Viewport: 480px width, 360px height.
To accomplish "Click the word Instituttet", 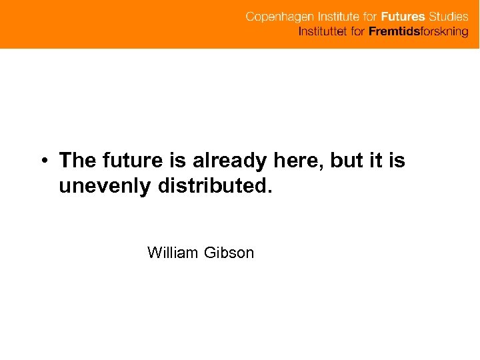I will click(x=323, y=31).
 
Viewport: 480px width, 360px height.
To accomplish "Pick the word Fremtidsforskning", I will click(x=419, y=31).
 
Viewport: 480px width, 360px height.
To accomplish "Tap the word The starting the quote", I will click(x=77, y=161).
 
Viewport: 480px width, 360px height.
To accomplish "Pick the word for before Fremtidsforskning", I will click(x=358, y=31).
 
